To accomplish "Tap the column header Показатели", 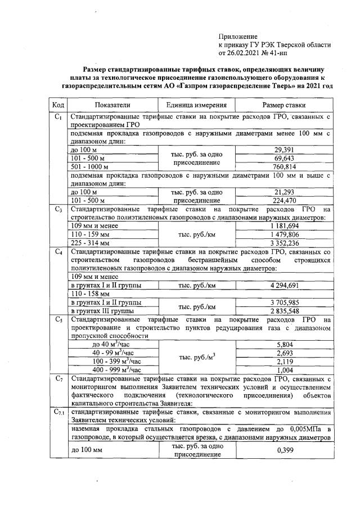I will (x=112, y=105).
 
